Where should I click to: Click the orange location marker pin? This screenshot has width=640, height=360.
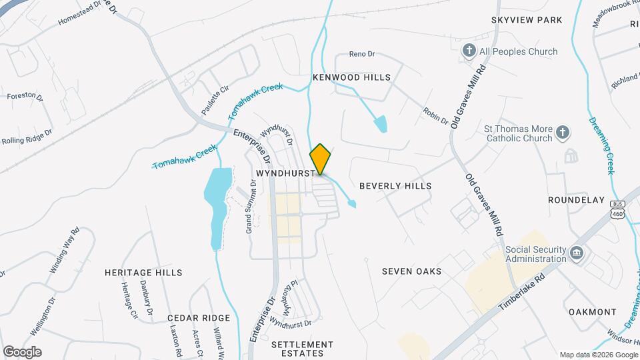tap(320, 159)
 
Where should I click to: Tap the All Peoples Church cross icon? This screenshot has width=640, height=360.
tap(469, 51)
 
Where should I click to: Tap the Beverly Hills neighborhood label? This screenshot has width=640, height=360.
tap(395, 186)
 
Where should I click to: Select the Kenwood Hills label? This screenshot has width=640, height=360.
tap(351, 77)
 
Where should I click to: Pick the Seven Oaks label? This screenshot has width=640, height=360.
tap(411, 271)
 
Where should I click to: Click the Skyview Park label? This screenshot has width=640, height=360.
tap(527, 21)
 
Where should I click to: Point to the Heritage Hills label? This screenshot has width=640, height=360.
tap(143, 273)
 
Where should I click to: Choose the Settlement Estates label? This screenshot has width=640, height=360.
tap(302, 349)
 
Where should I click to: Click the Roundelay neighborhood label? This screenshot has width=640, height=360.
tap(576, 200)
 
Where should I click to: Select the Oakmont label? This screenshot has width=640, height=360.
tap(593, 311)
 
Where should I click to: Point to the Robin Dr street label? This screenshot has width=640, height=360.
tap(435, 116)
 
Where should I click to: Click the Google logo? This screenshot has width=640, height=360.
tap(22, 351)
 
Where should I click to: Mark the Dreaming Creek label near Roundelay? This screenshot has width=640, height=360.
tap(602, 146)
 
